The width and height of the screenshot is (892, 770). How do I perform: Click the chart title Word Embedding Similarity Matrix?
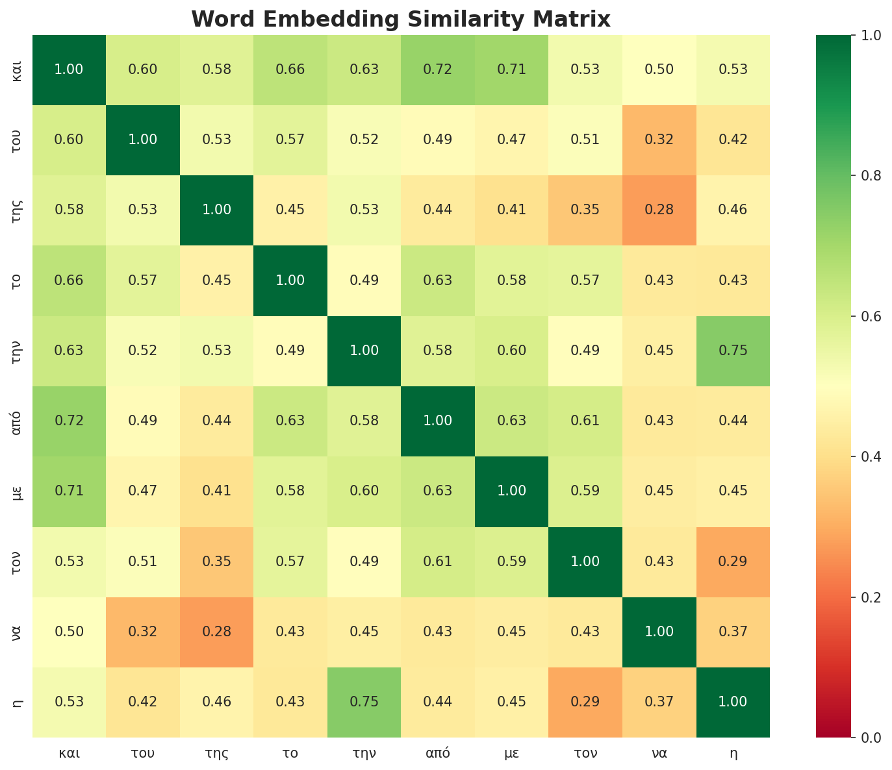401,19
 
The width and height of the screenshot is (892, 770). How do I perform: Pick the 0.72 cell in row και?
438,69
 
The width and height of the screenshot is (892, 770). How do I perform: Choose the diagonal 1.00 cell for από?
438,421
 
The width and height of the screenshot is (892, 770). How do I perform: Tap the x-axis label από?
438,754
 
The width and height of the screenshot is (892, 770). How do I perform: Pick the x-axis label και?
69,754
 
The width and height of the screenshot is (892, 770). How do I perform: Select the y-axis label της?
18,210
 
